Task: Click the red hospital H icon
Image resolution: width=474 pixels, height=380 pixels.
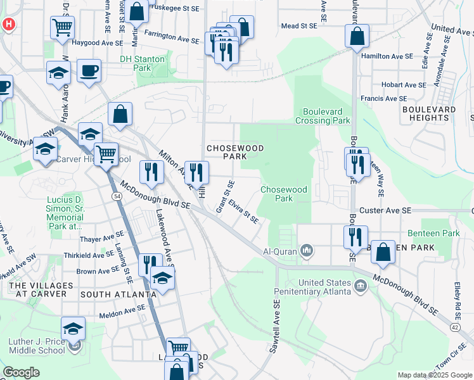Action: (9, 25)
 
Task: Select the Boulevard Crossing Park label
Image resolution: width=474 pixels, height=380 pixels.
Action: (323, 115)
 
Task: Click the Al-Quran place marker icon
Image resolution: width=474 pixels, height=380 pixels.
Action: (307, 251)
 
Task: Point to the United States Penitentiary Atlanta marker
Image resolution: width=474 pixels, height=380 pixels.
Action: (361, 286)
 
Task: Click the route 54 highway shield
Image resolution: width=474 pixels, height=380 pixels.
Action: (117, 197)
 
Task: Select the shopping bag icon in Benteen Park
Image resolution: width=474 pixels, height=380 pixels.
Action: (383, 251)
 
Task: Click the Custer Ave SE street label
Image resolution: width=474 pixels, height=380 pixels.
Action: (386, 210)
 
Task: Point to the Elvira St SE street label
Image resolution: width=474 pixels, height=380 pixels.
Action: (243, 212)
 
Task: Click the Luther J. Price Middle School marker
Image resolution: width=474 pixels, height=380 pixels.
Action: (74, 329)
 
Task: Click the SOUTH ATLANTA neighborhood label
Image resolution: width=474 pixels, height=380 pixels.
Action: (118, 294)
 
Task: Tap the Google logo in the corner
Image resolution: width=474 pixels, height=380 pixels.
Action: (21, 372)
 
